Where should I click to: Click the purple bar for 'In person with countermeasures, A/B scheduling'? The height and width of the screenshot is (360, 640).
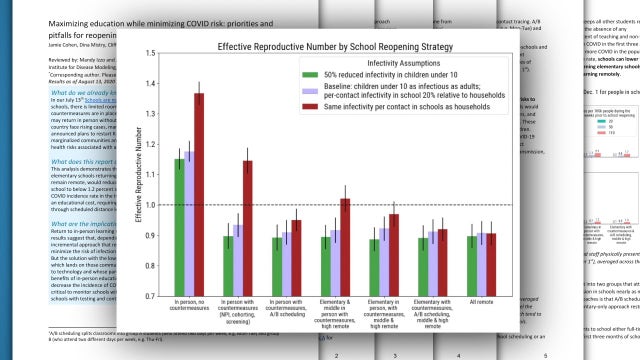pos(284,265)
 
